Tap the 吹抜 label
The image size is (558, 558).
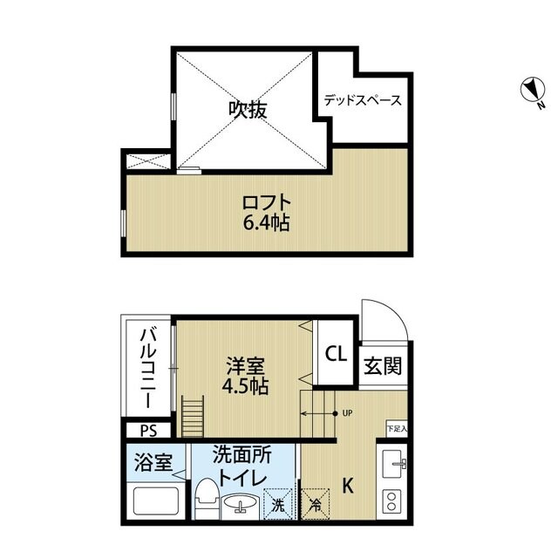pos(248,110)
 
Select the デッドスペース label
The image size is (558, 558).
pos(363,100)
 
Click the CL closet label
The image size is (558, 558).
pos(334,354)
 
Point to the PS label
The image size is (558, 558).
pos(147,430)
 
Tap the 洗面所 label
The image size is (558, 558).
pos(242,456)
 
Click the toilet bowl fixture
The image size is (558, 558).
pos(206,499)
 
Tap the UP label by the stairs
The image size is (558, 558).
pos(347,413)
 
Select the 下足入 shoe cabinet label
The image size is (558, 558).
pos(397,428)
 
